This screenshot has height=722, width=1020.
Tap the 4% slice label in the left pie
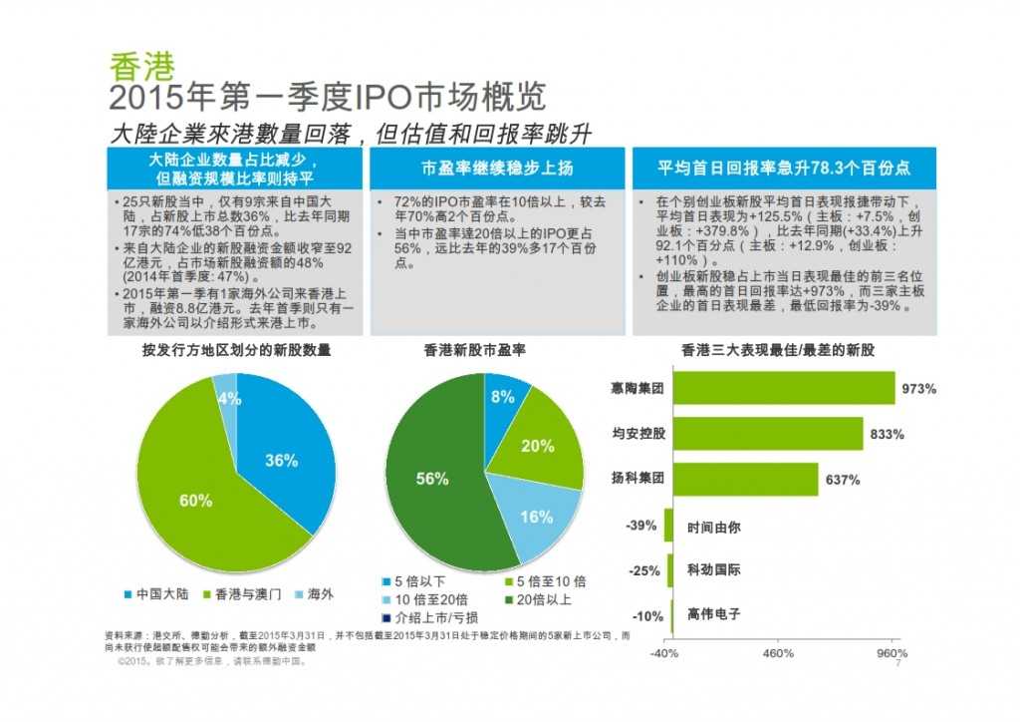click(x=229, y=398)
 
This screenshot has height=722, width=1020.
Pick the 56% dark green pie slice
click(x=431, y=479)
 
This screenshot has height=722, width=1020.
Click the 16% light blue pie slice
click(x=535, y=517)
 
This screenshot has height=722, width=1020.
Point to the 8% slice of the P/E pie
click(x=502, y=397)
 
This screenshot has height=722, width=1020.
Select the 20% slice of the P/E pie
click(x=538, y=444)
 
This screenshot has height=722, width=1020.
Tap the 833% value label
click(x=887, y=435)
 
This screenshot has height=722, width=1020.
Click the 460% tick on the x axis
click(x=778, y=654)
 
